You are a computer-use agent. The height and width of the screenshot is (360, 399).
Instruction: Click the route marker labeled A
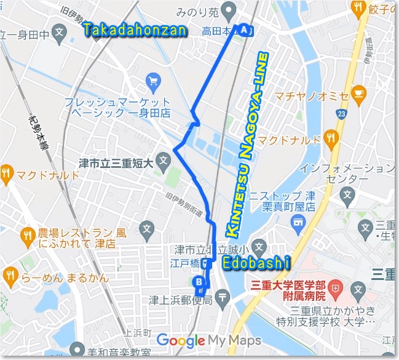tap(245, 30)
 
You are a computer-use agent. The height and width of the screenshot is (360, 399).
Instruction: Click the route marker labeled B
tap(199, 282)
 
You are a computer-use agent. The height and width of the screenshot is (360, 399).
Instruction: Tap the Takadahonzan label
tap(135, 30)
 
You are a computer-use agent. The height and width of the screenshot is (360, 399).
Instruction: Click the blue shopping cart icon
tap(153, 80)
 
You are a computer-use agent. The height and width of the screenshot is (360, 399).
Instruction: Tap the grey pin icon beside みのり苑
tap(229, 10)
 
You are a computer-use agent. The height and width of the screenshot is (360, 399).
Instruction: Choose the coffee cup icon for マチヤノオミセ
tap(359, 94)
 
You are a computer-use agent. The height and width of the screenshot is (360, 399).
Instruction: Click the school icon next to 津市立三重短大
tap(163, 162)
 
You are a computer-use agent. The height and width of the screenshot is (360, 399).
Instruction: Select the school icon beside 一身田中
tap(59, 34)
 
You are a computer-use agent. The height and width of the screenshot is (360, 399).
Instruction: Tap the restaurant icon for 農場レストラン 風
tap(28, 234)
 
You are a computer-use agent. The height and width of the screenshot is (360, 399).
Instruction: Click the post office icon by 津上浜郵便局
tap(224, 298)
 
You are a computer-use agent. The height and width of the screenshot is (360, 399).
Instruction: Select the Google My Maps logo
tap(208, 340)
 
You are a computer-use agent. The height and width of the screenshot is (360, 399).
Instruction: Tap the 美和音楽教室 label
tap(119, 353)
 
